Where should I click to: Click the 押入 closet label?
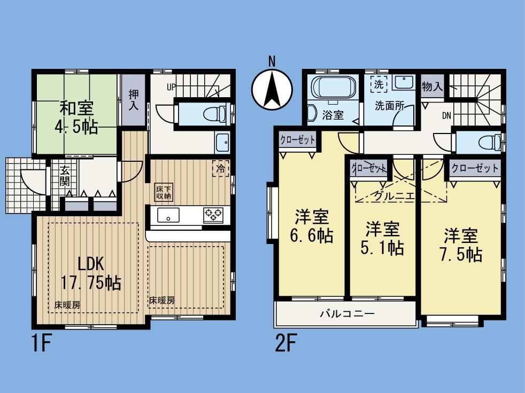[134, 100]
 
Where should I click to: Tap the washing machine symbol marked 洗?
[379, 84]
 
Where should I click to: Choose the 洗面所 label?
[389, 106]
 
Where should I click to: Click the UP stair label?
[171, 87]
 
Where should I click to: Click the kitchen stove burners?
[214, 216]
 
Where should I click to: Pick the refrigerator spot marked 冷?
[220, 167]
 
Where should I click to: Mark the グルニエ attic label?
[393, 196]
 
